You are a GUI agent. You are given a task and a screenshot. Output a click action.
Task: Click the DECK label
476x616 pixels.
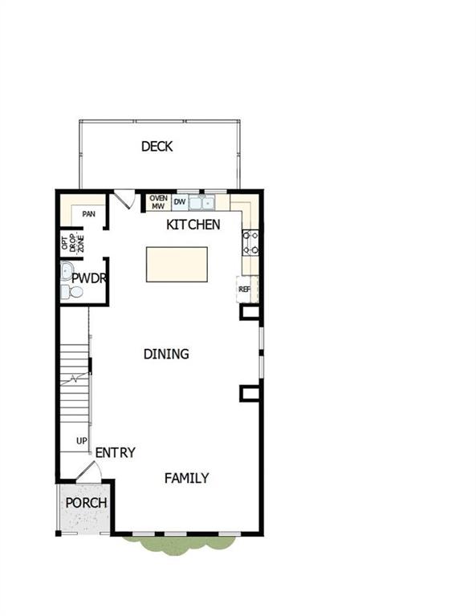click(x=157, y=147)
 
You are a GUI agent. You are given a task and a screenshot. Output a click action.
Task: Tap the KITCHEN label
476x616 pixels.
click(x=193, y=225)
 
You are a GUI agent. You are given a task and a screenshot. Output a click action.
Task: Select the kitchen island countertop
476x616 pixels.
click(x=176, y=264)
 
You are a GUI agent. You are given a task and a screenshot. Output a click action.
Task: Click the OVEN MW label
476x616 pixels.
click(x=158, y=201)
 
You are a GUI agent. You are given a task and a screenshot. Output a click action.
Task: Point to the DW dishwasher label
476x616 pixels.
click(x=180, y=202)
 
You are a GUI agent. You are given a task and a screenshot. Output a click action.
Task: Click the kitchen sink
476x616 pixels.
click(x=201, y=202)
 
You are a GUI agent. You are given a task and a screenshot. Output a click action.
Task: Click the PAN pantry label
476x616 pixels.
click(x=88, y=214)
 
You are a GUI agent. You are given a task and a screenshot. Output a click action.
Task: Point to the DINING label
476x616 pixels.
click(x=166, y=354)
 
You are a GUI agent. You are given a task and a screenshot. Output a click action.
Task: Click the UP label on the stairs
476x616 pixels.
click(x=81, y=440)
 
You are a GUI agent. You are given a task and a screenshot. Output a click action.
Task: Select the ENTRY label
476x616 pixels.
click(x=115, y=452)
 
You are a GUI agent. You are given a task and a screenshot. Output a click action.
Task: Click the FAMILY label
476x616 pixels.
click(x=186, y=478)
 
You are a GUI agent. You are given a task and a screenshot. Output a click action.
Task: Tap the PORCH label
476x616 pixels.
click(x=86, y=503)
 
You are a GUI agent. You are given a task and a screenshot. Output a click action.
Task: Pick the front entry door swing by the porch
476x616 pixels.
click(x=89, y=474)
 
